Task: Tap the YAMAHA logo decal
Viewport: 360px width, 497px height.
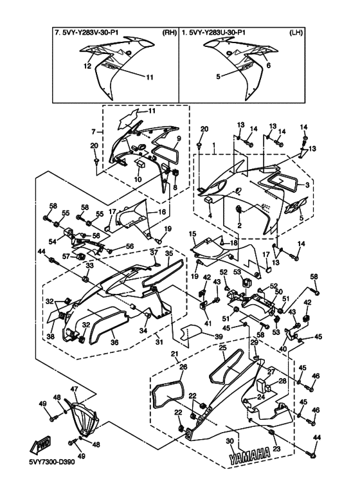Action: [249, 456]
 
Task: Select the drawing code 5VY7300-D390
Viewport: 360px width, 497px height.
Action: [52, 462]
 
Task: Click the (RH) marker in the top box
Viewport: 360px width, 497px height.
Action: [169, 33]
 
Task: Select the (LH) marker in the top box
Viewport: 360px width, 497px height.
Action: [296, 33]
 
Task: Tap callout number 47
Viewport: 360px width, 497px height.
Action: [74, 388]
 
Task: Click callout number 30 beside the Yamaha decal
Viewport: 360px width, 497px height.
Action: [230, 441]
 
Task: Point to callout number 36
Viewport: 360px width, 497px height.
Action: [114, 343]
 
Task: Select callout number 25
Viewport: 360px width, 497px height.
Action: [223, 348]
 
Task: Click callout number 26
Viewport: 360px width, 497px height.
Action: [183, 367]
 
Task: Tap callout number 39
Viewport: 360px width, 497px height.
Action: [219, 337]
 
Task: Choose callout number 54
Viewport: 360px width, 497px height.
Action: [53, 242]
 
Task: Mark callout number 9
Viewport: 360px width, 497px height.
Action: [179, 138]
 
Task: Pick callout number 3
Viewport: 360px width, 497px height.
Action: [307, 185]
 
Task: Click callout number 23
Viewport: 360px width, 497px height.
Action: [276, 449]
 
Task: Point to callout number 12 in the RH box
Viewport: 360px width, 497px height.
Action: [87, 66]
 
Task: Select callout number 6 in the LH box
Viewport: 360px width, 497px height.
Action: [269, 66]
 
